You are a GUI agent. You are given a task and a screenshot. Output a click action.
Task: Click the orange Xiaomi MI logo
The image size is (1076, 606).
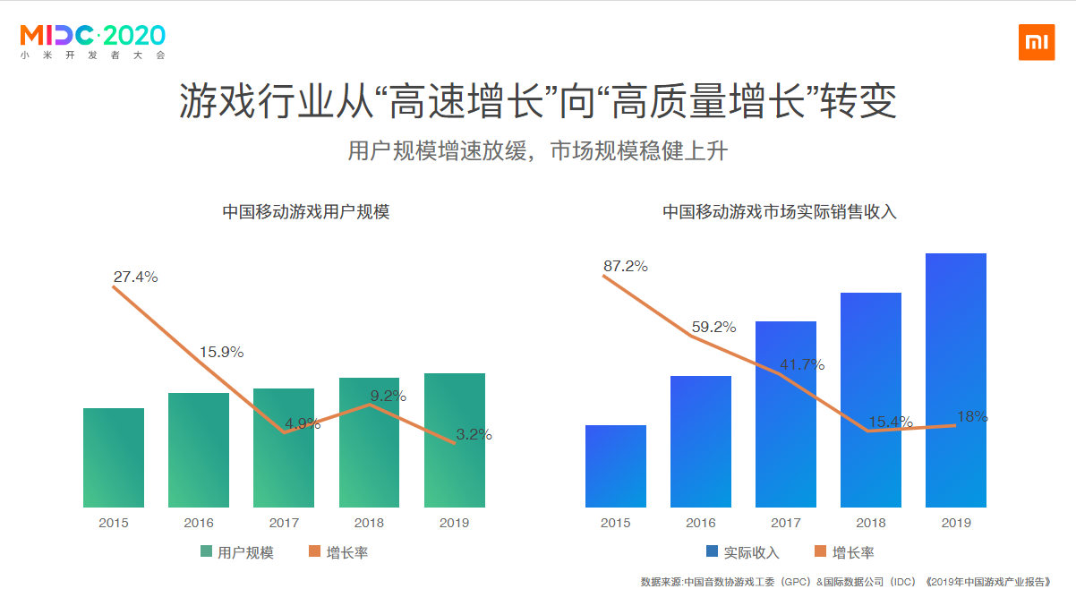(x=1036, y=43)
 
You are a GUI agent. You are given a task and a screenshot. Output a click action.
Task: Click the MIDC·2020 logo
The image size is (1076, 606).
(x=93, y=40)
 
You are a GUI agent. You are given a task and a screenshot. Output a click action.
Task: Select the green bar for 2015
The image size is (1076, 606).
(x=114, y=457)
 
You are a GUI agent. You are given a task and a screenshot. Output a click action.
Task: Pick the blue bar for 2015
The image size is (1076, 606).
(x=616, y=465)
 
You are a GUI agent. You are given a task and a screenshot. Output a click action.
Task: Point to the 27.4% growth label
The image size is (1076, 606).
(x=136, y=277)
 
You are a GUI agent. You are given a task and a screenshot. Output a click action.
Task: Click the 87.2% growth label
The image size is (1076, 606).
(x=626, y=266)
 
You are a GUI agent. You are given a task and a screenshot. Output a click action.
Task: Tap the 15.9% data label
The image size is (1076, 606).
(x=221, y=352)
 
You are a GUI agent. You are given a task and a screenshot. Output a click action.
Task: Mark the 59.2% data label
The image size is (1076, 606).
(x=713, y=328)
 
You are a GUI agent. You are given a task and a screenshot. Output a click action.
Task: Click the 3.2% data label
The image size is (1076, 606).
(x=474, y=435)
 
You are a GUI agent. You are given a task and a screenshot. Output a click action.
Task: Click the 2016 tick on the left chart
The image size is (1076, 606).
(x=199, y=523)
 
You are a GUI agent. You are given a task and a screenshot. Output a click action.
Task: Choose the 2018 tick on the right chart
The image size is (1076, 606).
(x=871, y=523)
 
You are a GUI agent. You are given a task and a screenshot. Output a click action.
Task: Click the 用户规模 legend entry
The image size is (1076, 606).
(x=237, y=552)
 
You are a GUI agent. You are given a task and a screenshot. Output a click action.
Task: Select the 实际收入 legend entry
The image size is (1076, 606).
(x=742, y=552)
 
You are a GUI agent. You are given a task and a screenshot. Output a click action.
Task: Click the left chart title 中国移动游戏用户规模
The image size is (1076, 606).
(x=306, y=212)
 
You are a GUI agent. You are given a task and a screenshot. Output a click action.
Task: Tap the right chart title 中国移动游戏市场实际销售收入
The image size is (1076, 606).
(x=779, y=212)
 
